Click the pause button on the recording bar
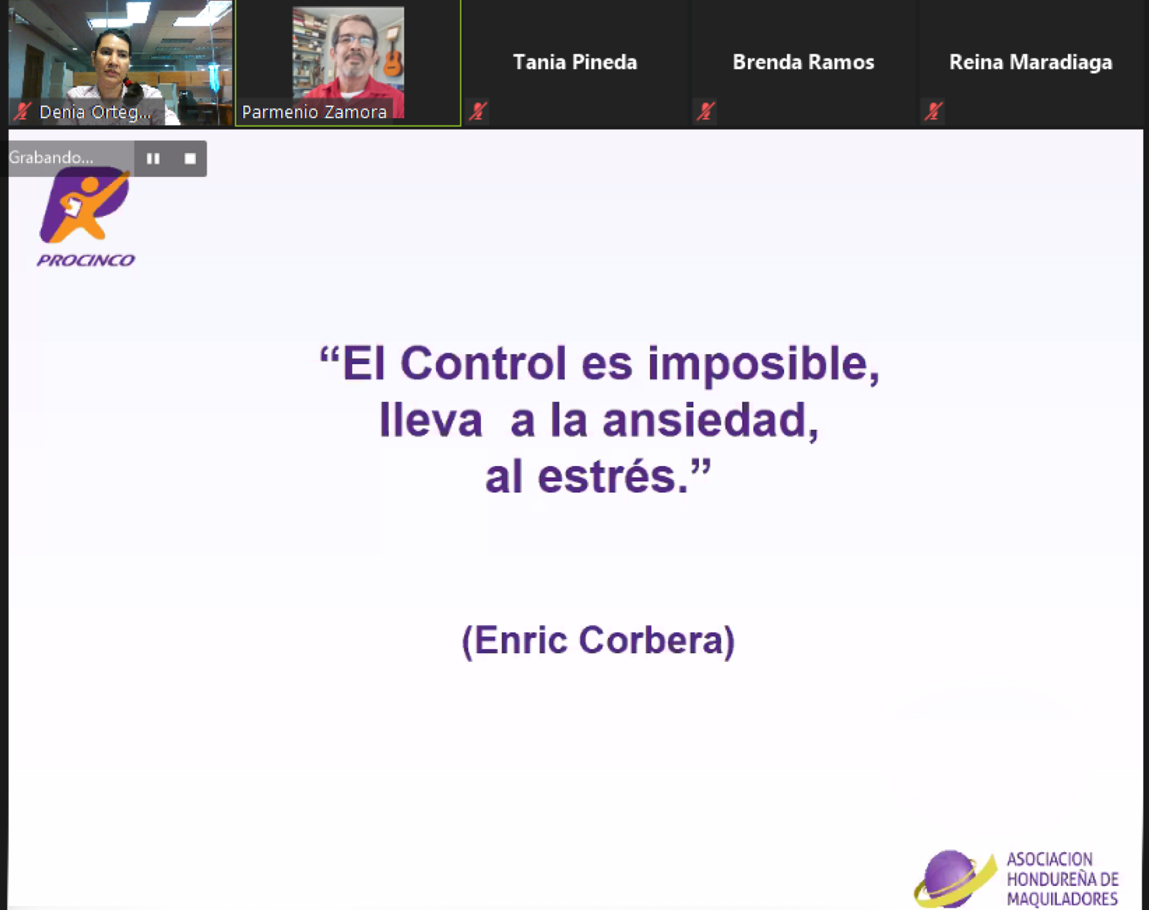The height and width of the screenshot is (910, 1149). [153, 159]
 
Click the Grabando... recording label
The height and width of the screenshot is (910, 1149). [51, 158]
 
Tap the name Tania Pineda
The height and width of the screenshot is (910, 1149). [575, 62]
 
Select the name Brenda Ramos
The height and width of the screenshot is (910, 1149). [803, 62]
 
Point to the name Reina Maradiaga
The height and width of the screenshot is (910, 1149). [1030, 62]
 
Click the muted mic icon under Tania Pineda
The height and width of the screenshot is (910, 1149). [478, 111]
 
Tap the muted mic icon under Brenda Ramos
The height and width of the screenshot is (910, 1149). [705, 111]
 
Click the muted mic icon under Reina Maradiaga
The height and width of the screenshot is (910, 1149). [933, 111]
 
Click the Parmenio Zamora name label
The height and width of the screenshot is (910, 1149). [314, 112]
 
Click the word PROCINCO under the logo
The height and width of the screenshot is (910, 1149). [86, 260]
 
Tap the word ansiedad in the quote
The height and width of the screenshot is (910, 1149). [710, 421]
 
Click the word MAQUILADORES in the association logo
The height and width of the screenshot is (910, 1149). [1062, 899]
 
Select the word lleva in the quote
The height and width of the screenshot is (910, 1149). [431, 421]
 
